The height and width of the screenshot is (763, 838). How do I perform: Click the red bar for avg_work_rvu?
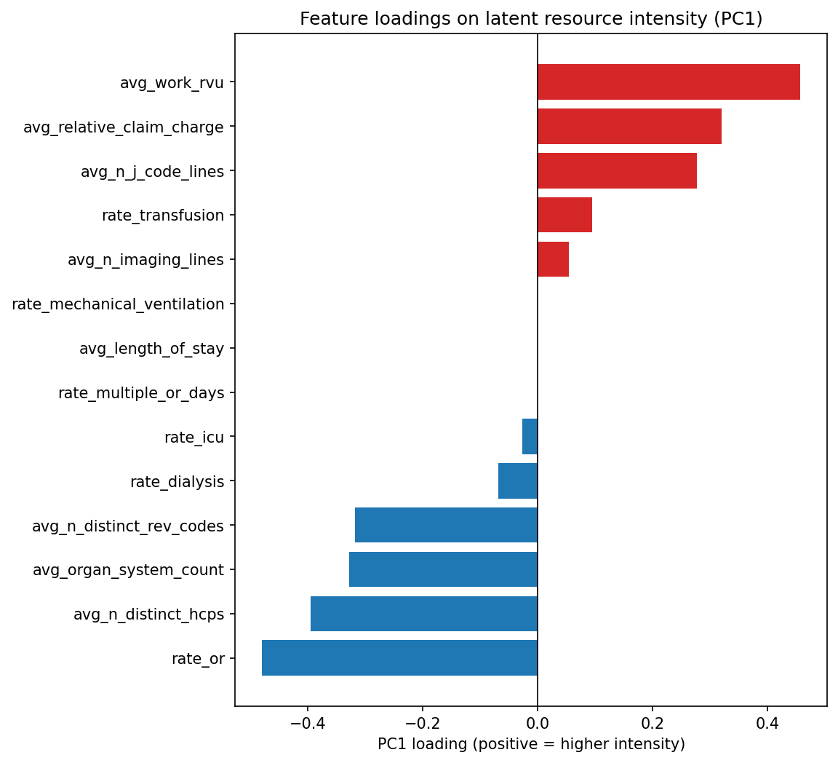pyautogui.click(x=669, y=82)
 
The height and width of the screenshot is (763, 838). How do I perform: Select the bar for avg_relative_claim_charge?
pyautogui.click(x=629, y=126)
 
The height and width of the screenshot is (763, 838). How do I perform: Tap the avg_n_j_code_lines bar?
pyautogui.click(x=617, y=170)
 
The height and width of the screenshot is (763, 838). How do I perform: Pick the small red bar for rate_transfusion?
pyautogui.click(x=564, y=215)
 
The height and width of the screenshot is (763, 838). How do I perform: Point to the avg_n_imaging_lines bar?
pyautogui.click(x=553, y=259)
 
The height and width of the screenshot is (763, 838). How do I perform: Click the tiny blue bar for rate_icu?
pyautogui.click(x=530, y=437)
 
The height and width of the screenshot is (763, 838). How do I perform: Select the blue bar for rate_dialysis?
pyautogui.click(x=518, y=481)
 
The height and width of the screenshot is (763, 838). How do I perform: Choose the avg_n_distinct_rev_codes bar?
pyautogui.click(x=446, y=525)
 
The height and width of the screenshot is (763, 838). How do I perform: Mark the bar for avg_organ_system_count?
pyautogui.click(x=443, y=569)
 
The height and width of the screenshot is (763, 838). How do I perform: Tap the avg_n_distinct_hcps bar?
pyautogui.click(x=424, y=614)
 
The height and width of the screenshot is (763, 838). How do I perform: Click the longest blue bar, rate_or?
pyautogui.click(x=399, y=658)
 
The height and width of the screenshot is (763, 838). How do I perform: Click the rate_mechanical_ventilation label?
pyautogui.click(x=118, y=304)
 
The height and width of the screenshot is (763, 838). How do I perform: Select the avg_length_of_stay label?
pyautogui.click(x=151, y=349)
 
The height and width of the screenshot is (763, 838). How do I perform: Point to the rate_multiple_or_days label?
pyautogui.click(x=141, y=393)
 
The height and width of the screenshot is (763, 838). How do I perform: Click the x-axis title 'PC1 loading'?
pyautogui.click(x=531, y=744)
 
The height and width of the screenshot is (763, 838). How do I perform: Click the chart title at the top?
pyautogui.click(x=531, y=19)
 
